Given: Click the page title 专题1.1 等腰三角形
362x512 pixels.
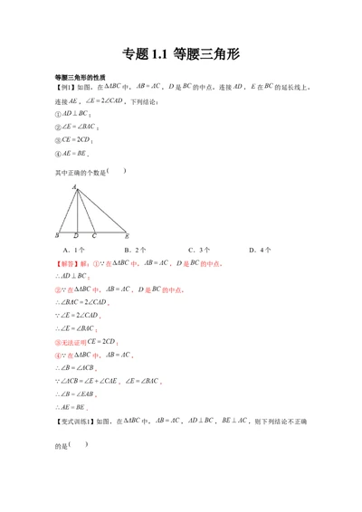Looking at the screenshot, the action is click(180, 53).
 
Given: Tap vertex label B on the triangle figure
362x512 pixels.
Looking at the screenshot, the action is click(57, 235).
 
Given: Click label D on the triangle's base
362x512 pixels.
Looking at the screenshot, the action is click(76, 235).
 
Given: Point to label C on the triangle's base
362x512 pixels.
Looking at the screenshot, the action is click(93, 235).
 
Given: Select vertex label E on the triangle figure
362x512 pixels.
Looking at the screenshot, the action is click(128, 235).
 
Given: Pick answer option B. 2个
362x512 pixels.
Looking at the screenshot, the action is click(136, 249).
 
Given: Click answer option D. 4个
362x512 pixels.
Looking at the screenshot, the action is click(260, 249).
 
